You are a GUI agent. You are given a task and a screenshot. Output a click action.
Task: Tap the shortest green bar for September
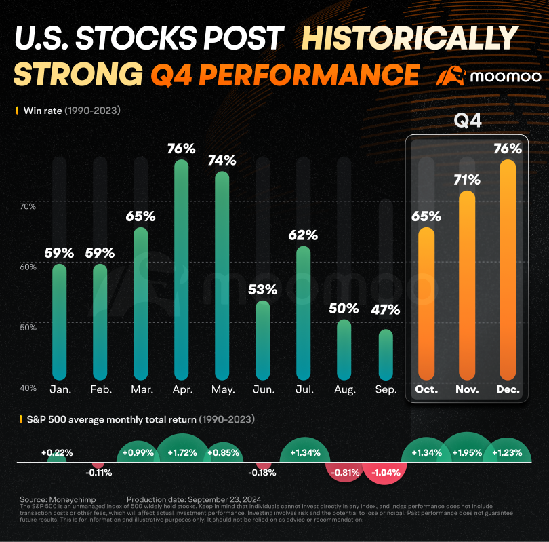pos(385,355)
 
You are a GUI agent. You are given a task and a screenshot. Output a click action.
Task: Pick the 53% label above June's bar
pos(262,289)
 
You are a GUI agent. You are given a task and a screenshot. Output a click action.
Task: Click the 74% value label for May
pos(222,160)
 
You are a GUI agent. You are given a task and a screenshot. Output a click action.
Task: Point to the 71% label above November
pos(466,180)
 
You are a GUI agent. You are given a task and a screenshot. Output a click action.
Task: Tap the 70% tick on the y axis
pos(27,206)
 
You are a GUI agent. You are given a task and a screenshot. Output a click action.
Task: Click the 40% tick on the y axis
pos(27,388)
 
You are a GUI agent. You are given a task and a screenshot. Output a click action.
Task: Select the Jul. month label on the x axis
pos(304,390)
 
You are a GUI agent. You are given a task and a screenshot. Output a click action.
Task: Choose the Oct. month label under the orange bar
pos(426,390)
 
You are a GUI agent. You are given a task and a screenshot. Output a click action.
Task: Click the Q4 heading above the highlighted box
pos(467,122)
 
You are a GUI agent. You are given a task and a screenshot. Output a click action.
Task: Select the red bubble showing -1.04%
pos(385,473)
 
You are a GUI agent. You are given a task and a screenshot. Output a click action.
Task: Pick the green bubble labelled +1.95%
pos(466,452)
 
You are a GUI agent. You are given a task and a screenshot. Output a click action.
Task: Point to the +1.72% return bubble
pos(182,452)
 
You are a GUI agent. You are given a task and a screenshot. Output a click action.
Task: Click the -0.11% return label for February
pos(100,473)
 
